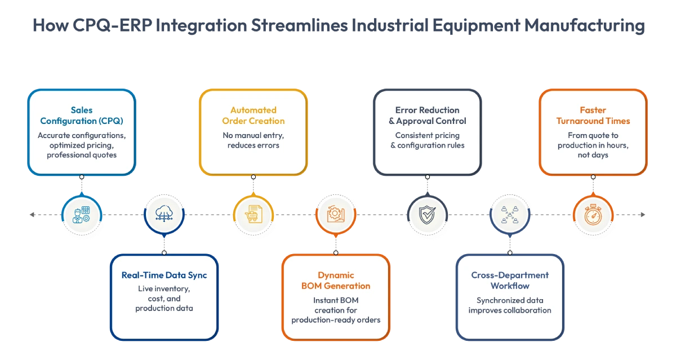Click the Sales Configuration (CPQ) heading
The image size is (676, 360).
(x=82, y=115)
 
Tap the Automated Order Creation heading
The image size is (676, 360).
(x=253, y=115)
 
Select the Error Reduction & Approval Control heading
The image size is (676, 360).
(x=428, y=115)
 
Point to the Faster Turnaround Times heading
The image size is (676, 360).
(x=593, y=115)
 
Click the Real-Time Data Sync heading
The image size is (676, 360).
(x=164, y=275)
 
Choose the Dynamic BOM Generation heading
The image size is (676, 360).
(x=336, y=281)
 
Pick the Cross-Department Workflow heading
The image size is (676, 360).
(x=510, y=281)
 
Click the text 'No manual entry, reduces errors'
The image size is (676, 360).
(x=253, y=140)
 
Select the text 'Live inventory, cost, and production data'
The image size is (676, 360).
(x=164, y=299)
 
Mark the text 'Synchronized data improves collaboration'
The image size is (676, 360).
(x=510, y=305)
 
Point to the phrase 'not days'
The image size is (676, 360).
(x=593, y=155)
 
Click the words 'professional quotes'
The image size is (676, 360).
(x=82, y=155)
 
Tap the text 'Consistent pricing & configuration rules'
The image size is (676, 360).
(x=428, y=140)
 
